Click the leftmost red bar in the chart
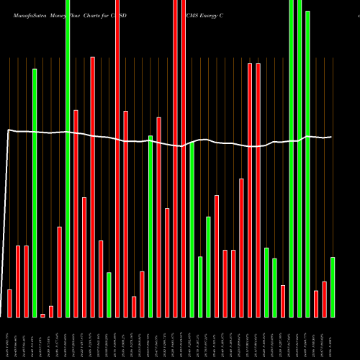pyautogui.click(x=9, y=302)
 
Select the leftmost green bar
pyautogui.click(x=35, y=193)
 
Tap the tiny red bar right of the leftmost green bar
pyautogui.click(x=42, y=315)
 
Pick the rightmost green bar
pyautogui.click(x=333, y=287)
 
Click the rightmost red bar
pyautogui.click(x=324, y=299)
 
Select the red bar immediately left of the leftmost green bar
pyautogui.click(x=26, y=281)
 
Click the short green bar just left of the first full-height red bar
pyautogui.click(x=109, y=294)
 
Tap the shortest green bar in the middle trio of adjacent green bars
pyautogui.click(x=200, y=287)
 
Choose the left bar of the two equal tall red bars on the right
pyautogui.click(x=250, y=190)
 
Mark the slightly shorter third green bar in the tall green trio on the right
pyautogui.click(x=307, y=164)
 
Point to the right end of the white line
pyautogui.click(x=332, y=137)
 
